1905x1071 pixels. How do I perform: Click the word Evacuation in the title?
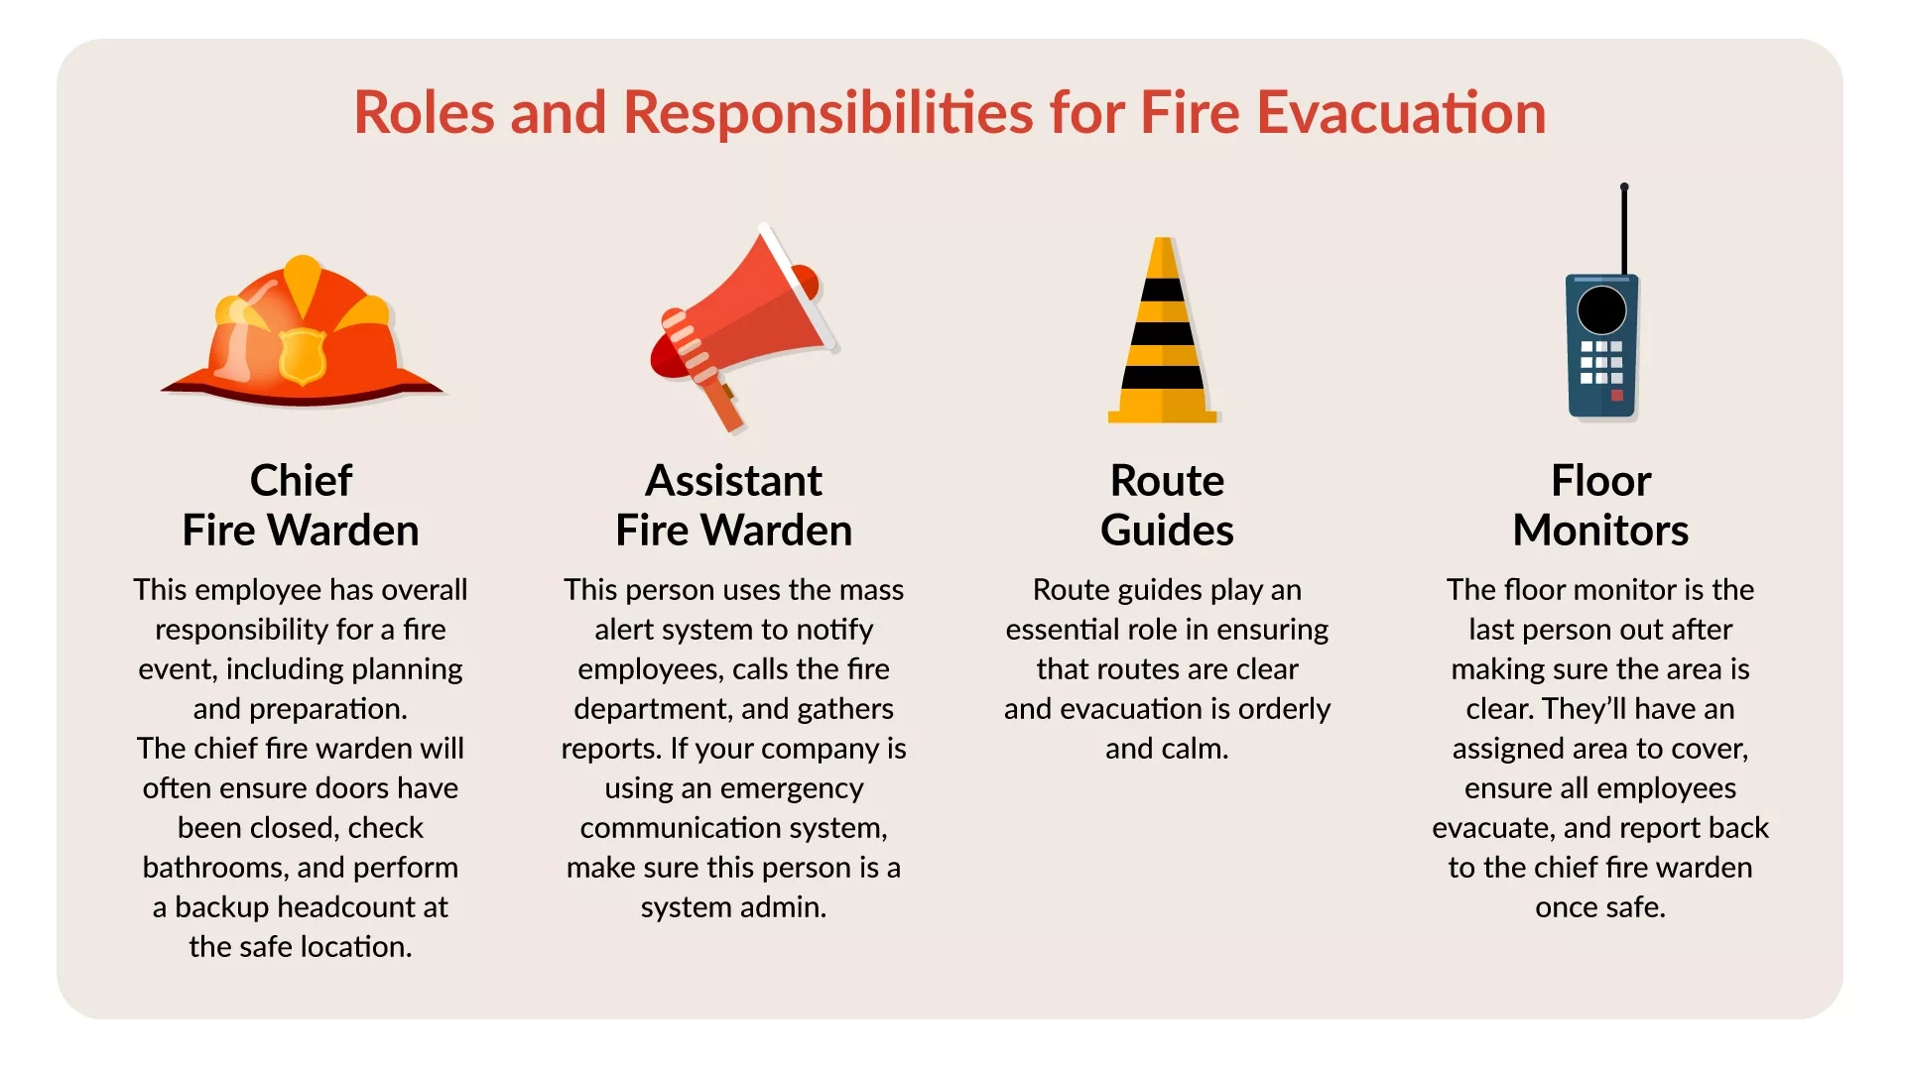click(1402, 112)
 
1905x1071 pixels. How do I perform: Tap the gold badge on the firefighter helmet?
click(302, 356)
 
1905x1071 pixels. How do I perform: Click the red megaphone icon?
click(744, 328)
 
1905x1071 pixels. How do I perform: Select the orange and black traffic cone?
click(1163, 330)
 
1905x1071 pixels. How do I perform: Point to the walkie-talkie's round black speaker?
click(1601, 310)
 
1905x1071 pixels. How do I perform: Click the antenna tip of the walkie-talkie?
click(1624, 186)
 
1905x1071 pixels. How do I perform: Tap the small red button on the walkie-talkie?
click(1616, 396)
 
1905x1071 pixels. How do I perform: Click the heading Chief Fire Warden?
click(301, 506)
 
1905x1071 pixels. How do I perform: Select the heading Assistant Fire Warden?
click(734, 506)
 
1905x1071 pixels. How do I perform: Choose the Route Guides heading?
click(1167, 506)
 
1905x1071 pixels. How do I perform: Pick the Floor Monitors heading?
click(1600, 506)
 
